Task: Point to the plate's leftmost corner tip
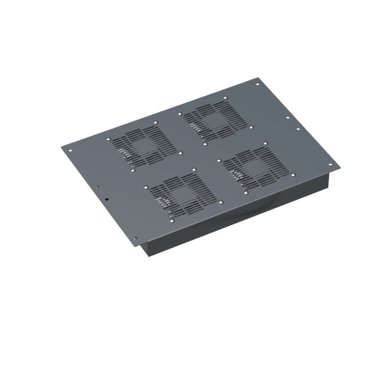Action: click(61, 147)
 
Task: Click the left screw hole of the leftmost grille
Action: click(109, 139)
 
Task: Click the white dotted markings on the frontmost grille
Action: click(164, 199)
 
